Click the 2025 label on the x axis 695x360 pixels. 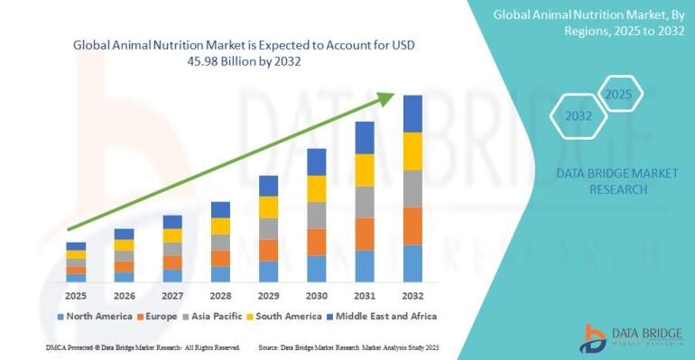coord(76,294)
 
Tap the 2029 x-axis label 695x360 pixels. coord(268,294)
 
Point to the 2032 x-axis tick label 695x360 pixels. coord(412,294)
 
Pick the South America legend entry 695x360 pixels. coord(288,317)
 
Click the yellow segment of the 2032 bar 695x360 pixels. coord(412,151)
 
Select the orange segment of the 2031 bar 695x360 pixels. coord(365,234)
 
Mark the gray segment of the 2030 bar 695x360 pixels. coord(316,215)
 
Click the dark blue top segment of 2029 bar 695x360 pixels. coord(268,186)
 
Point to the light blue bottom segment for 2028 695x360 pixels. coord(220,273)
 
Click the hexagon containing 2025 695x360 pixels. coord(619,94)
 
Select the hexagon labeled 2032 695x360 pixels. coord(579,116)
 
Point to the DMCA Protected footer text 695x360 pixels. coord(142,347)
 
